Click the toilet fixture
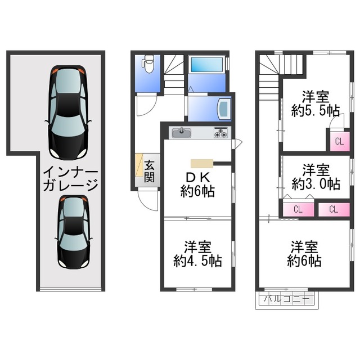pos(148,64)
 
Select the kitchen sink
pos(181,133)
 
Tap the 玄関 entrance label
pos(149,171)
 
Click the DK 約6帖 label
pos(197,184)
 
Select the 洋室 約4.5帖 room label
pos(197,254)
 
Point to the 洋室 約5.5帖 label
pos(316,103)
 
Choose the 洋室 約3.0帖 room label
pos(316,177)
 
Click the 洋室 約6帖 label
pos(304,254)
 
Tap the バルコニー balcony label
pos(286,299)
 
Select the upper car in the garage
pos(68,112)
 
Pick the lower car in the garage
pos(74,232)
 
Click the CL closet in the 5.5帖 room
pos(340,141)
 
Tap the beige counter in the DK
pos(202,164)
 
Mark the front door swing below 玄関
pos(148,199)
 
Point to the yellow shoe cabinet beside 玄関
pos(139,165)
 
